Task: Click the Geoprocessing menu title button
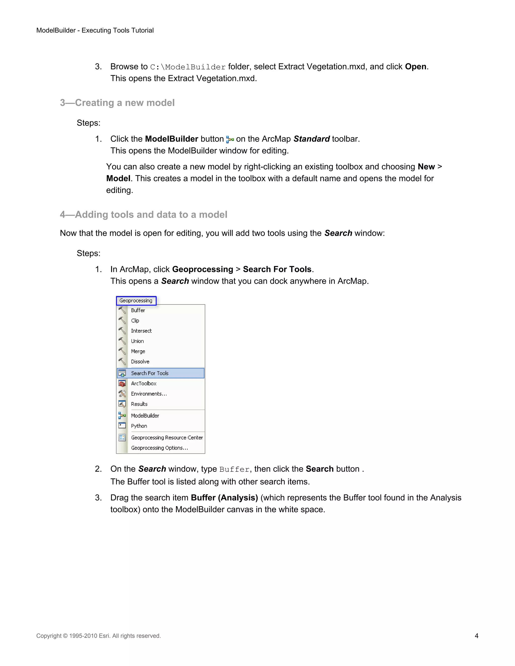click(136, 301)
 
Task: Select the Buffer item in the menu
click(138, 310)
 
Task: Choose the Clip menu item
click(135, 320)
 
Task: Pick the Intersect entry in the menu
click(141, 331)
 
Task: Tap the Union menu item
click(137, 341)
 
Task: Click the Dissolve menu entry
click(140, 362)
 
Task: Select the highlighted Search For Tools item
click(150, 373)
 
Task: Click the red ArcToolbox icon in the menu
click(122, 384)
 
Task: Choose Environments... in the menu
click(149, 394)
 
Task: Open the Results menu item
click(139, 404)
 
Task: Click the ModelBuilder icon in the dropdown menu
click(122, 416)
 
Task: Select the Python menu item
click(139, 426)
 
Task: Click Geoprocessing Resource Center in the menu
click(167, 438)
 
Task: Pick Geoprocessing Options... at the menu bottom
click(159, 448)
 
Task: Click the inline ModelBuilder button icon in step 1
click(230, 140)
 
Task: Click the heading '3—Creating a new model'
click(117, 103)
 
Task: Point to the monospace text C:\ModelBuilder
click(188, 67)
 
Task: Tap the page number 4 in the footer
click(476, 636)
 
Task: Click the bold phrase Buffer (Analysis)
click(224, 498)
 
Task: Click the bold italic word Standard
click(312, 139)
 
